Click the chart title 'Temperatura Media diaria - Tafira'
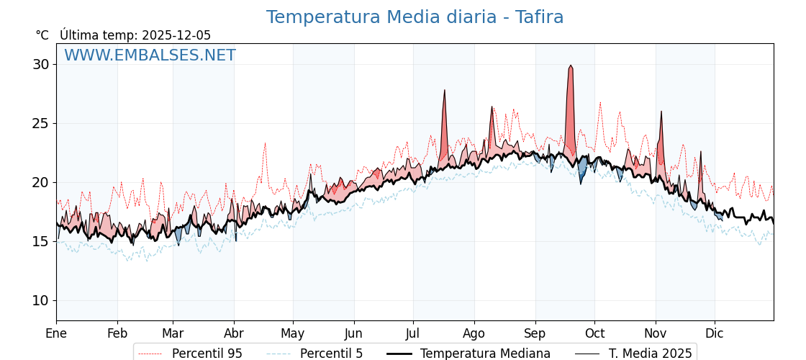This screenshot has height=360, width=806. pos(415,17)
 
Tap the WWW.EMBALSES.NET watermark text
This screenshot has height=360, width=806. pos(150,55)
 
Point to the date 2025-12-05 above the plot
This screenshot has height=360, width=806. pos(176,35)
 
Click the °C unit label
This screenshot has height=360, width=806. pos(42,35)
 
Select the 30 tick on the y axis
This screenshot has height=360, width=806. pos(41,64)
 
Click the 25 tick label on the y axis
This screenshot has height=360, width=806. pos(41,123)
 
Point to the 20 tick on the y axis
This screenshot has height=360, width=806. pos(41,182)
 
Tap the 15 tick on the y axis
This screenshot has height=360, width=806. pos(41,241)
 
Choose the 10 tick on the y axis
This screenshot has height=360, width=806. pos(41,300)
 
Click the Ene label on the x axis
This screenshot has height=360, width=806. pos(56,333)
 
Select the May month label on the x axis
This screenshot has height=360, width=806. pos(293,333)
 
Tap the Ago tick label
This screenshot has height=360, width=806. pos(474,333)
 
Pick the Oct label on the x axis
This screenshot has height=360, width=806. pos(594,333)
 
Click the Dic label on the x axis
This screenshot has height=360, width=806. pos(715,333)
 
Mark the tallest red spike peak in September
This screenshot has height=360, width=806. pos(571,66)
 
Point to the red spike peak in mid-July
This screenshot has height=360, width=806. pos(445,90)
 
